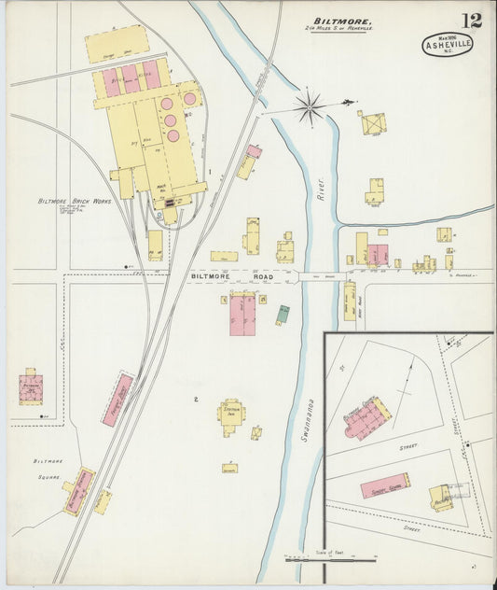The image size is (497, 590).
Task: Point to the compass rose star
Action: (309, 108)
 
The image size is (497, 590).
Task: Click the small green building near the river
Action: (283, 315)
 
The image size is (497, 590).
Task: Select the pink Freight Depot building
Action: (117, 400)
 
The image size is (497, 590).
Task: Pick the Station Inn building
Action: (230, 413)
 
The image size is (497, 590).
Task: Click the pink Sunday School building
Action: (385, 485)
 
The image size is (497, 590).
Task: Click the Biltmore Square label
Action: (48, 468)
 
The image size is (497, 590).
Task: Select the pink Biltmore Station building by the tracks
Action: (78, 490)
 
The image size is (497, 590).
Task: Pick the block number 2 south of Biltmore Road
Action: (196, 400)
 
